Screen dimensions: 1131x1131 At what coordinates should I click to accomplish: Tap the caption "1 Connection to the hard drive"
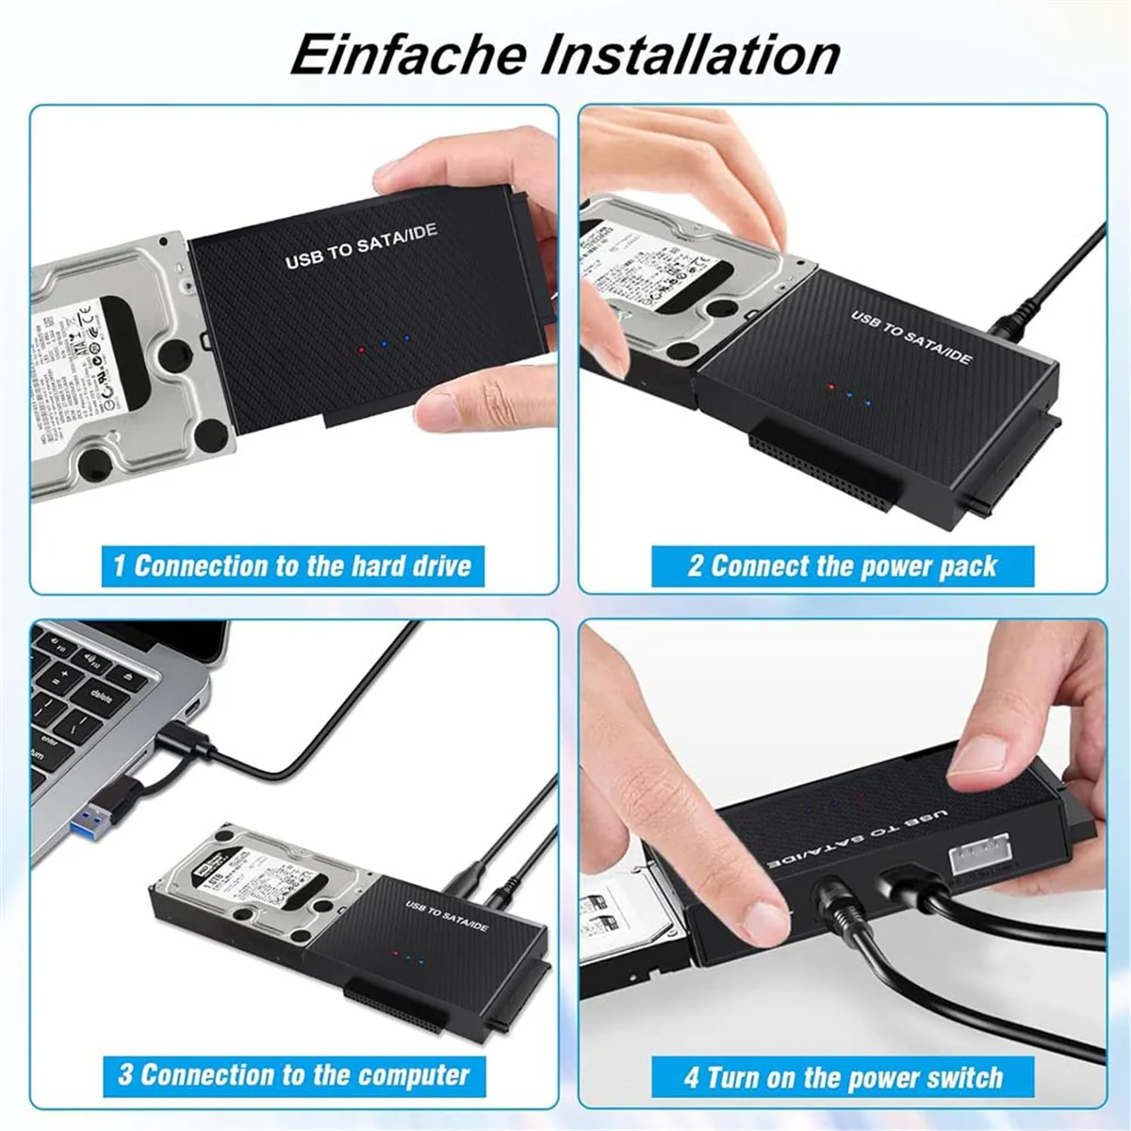click(x=292, y=566)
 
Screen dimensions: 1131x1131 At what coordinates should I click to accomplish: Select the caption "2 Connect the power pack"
click(x=842, y=566)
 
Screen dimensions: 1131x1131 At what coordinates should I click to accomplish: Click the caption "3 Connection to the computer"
click(x=293, y=1075)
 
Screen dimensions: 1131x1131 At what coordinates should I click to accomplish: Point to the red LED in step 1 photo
click(x=361, y=350)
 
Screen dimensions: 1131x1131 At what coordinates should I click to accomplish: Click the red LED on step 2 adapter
click(x=829, y=386)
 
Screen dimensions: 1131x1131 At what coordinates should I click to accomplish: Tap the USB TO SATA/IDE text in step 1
click(x=361, y=246)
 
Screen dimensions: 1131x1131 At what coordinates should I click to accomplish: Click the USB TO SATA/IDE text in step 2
click(x=910, y=336)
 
